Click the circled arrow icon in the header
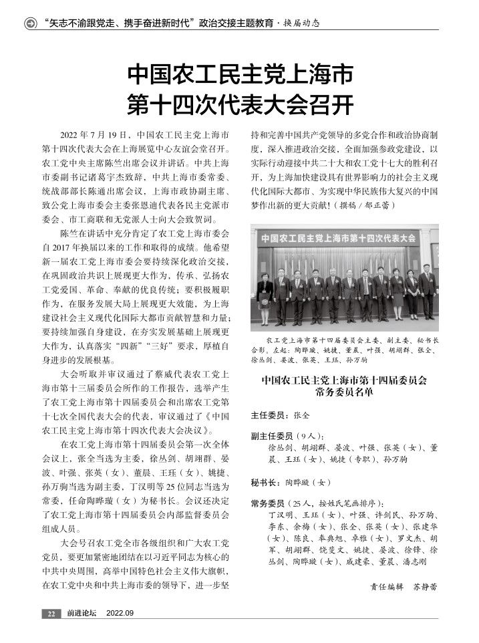[31, 23]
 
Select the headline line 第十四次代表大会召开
[240, 104]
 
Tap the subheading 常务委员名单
[344, 392]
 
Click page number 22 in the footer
[51, 614]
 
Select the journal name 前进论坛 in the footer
[82, 614]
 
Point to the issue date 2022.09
[120, 614]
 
